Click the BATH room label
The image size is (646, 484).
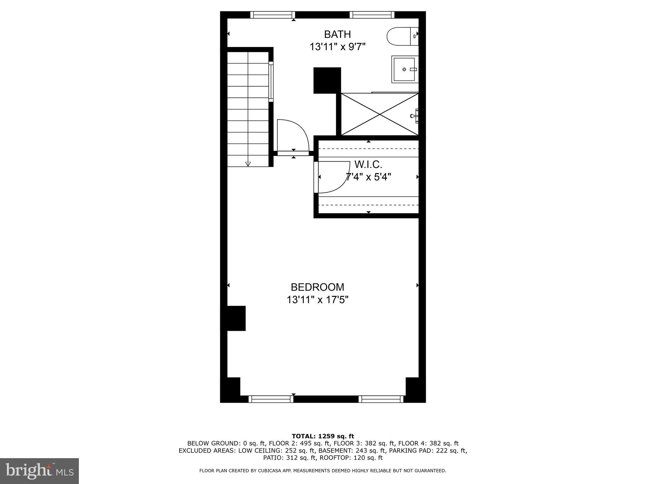pos(337,34)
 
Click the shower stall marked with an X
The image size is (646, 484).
pos(379,114)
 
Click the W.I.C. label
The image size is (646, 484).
pos(368,164)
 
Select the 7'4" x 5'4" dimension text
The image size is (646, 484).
pos(368,177)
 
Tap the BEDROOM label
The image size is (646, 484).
pos(317,287)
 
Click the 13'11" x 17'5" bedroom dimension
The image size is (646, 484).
pos(317,299)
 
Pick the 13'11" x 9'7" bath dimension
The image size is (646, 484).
pos(337,47)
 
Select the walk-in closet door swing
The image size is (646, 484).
pos(333,177)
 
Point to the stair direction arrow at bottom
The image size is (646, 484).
pos(248,164)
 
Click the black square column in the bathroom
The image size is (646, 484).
pos(327,80)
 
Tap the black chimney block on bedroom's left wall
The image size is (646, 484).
pos(236,318)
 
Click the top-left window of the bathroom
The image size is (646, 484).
pos(273,15)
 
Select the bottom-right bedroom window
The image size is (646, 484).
pos(381,399)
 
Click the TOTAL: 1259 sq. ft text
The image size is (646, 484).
pos(323,436)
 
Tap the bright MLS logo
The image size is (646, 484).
pos(39,471)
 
